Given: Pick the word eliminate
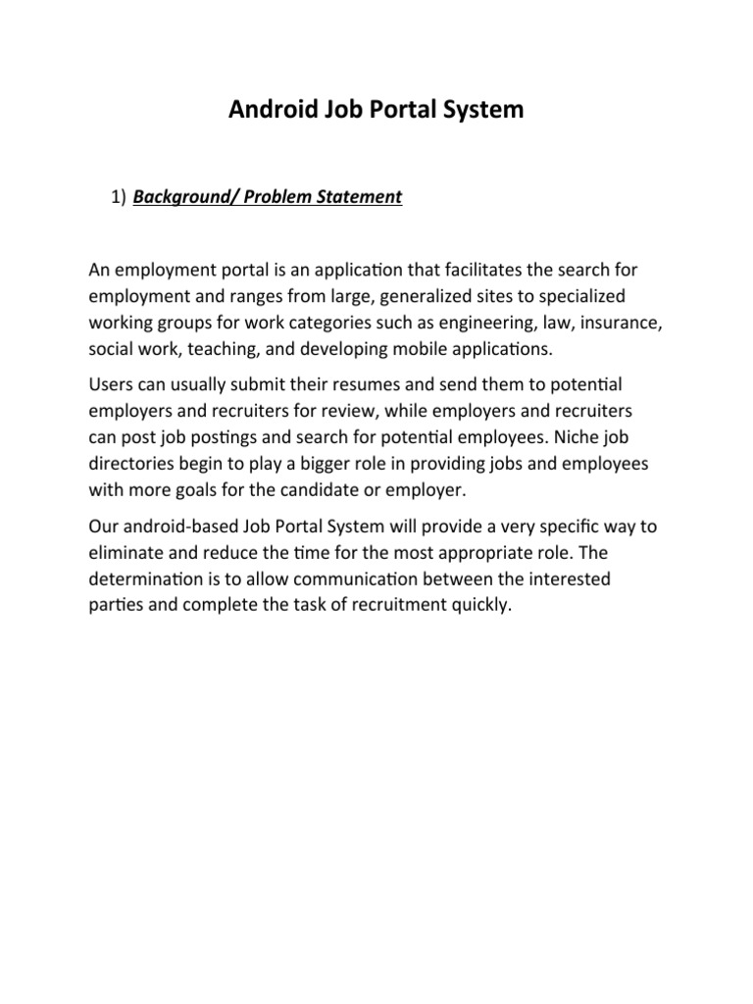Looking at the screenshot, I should coord(123,552).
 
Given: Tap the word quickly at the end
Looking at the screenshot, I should coord(481,604).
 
